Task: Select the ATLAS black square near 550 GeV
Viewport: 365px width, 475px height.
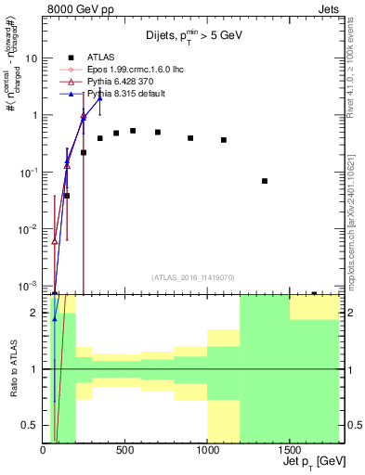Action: point(133,131)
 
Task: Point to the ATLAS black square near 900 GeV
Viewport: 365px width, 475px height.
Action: point(190,138)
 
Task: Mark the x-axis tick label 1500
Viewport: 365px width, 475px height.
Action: point(289,451)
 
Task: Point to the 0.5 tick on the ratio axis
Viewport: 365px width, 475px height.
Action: point(31,426)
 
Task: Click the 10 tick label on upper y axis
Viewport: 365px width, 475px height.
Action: point(32,58)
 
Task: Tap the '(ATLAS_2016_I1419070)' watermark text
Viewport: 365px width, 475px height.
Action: point(192,276)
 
